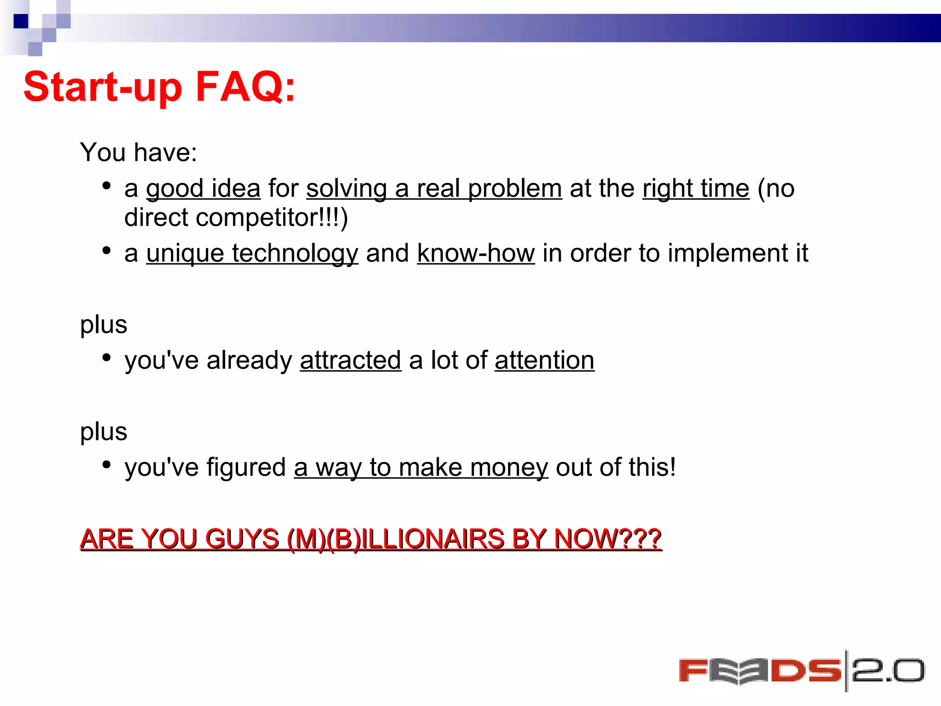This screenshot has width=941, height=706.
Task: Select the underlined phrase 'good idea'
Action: pos(203,188)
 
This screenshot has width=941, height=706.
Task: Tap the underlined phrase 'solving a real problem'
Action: pos(434,188)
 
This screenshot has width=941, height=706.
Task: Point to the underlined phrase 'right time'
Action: pos(696,188)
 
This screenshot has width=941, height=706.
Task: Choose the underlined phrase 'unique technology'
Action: pos(252,254)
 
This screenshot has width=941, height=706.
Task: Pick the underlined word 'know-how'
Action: pos(476,253)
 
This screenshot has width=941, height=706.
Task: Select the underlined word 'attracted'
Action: pos(351,360)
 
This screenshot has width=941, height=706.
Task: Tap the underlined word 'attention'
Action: pos(544,360)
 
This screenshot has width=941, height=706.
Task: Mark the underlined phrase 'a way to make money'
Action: pos(421,467)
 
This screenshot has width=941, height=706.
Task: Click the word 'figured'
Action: pos(246,467)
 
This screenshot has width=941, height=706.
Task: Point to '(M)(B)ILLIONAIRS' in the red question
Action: pos(396,538)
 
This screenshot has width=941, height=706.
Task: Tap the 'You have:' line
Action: pos(138,152)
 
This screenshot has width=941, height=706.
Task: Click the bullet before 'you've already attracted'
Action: pos(107,358)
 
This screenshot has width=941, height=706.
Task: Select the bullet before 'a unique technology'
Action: pos(107,251)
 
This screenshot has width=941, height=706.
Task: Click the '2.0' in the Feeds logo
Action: pos(888,671)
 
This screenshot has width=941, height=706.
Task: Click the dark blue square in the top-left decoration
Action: pos(21,21)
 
